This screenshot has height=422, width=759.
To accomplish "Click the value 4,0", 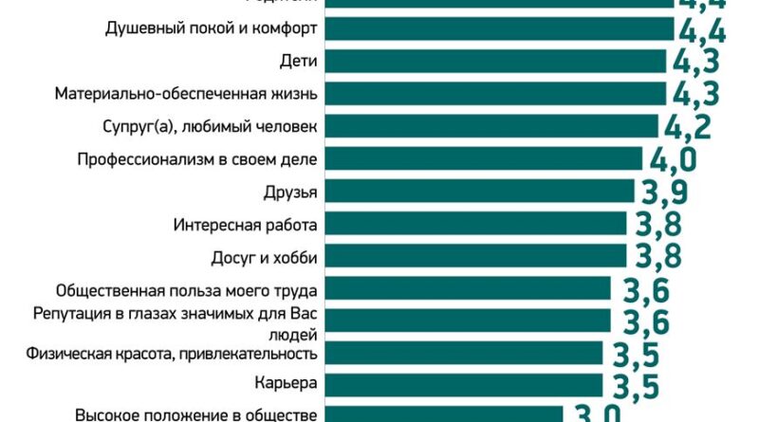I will click(676, 159).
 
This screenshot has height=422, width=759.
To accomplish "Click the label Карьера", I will click(286, 384).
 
